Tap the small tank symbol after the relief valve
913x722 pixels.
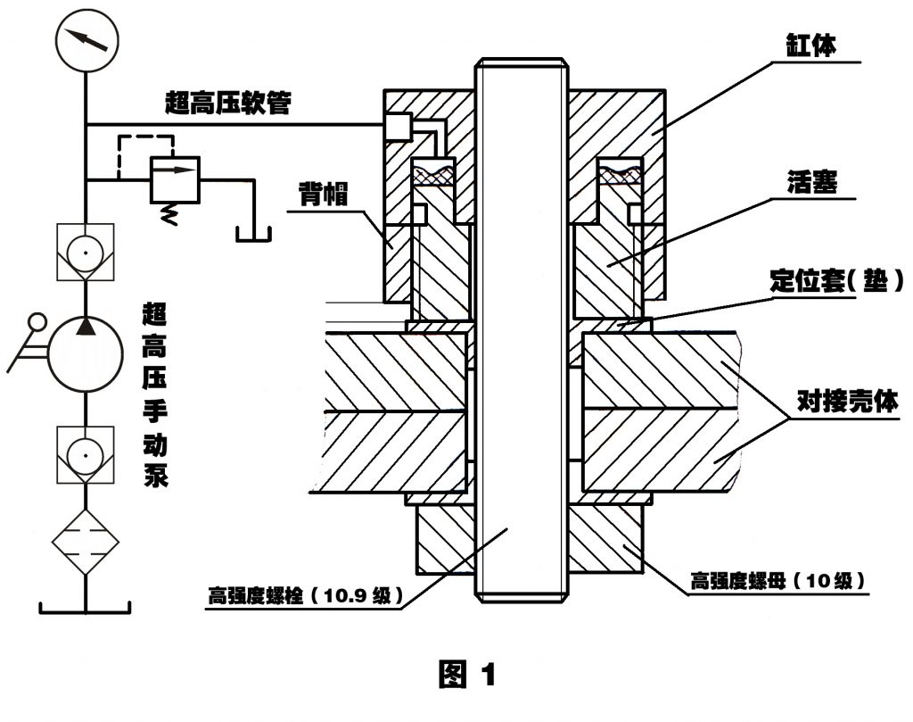point(254,234)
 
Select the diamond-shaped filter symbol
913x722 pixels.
point(86,540)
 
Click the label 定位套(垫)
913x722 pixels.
point(836,282)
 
